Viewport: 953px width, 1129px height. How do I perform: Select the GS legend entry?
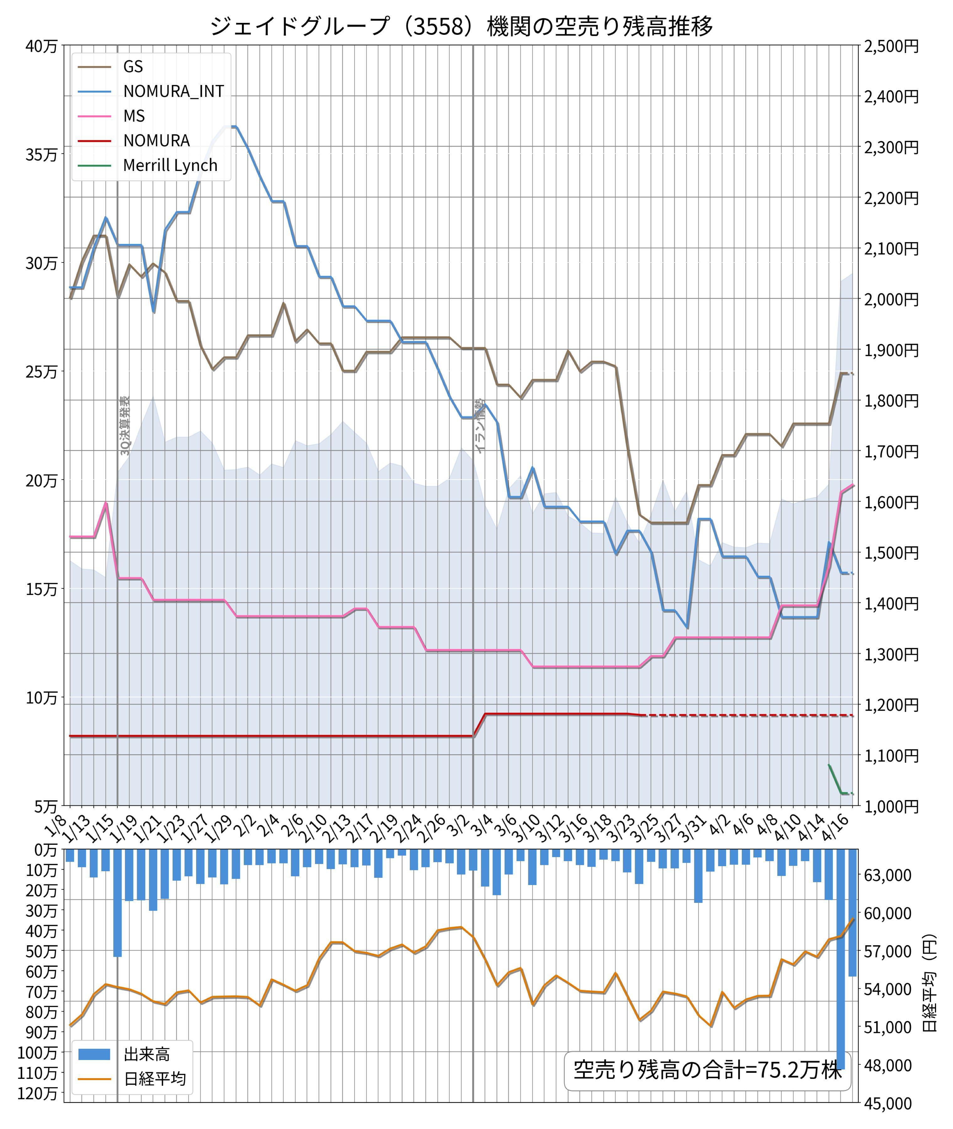[x=133, y=66]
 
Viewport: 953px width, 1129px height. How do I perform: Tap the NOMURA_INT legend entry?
[x=173, y=91]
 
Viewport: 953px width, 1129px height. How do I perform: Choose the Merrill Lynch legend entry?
[x=170, y=165]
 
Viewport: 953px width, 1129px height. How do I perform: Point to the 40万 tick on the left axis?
[x=41, y=46]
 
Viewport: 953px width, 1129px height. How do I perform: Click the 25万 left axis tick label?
[x=41, y=372]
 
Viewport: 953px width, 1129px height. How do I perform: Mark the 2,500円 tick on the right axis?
[x=891, y=46]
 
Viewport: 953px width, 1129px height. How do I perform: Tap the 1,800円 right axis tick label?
[x=891, y=400]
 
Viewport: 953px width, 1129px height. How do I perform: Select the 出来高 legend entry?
[x=147, y=1054]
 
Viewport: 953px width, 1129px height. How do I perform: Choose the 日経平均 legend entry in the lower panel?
[x=154, y=1079]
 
